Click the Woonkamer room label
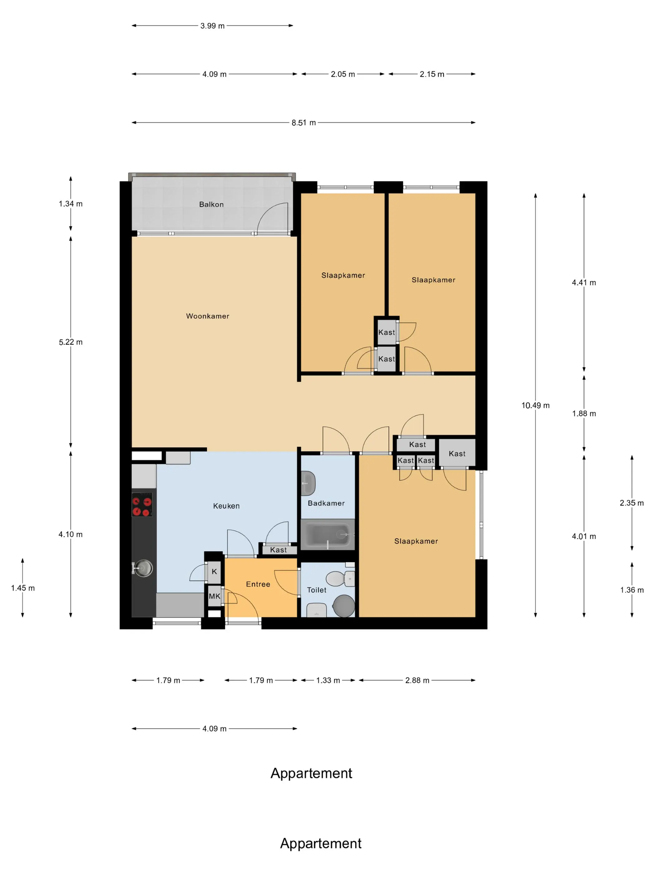tap(207, 316)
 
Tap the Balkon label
tap(211, 204)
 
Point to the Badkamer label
tap(326, 503)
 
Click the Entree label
tap(258, 584)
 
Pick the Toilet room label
tap(317, 590)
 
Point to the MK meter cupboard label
tap(214, 596)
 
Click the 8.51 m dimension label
tap(303, 122)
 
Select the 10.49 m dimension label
tap(535, 405)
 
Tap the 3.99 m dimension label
tap(212, 26)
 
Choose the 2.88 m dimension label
tap(417, 680)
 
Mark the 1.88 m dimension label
tap(584, 414)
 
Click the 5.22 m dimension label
tap(71, 342)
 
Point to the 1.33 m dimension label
tap(328, 680)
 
